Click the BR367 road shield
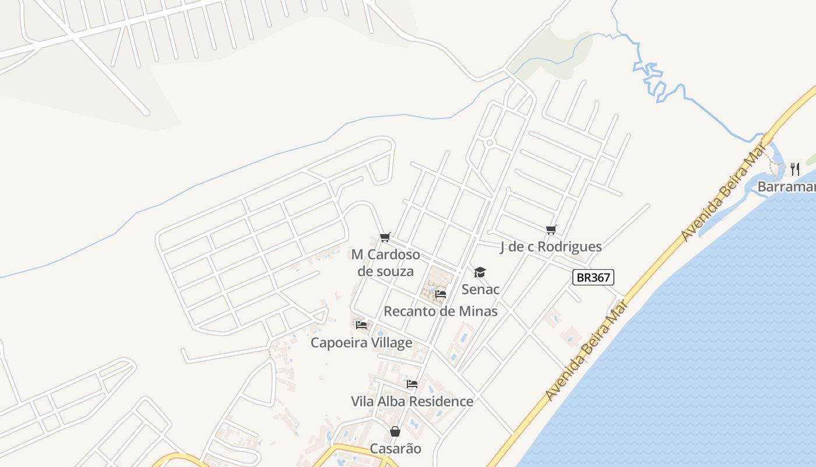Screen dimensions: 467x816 click(x=593, y=277)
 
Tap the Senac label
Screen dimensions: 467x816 click(x=480, y=289)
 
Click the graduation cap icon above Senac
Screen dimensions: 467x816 click(x=480, y=272)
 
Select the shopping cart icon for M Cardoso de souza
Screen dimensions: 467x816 click(x=385, y=237)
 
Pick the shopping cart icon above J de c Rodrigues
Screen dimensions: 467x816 click(x=551, y=229)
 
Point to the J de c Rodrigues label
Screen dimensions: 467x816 click(x=551, y=246)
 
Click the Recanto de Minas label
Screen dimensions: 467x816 click(x=441, y=311)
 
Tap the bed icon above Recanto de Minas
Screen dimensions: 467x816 click(x=441, y=294)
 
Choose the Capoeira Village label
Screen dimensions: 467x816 click(x=361, y=343)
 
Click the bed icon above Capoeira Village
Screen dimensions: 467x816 click(x=361, y=325)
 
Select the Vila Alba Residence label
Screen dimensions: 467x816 click(x=412, y=402)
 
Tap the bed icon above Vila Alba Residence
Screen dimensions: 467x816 click(x=412, y=384)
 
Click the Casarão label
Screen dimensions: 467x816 click(x=395, y=449)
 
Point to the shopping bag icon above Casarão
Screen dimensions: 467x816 click(x=395, y=431)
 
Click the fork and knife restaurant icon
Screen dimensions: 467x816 click(x=795, y=169)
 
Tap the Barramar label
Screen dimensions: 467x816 click(x=786, y=187)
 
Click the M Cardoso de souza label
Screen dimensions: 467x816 click(x=385, y=263)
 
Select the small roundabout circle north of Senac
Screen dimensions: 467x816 click(x=490, y=142)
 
